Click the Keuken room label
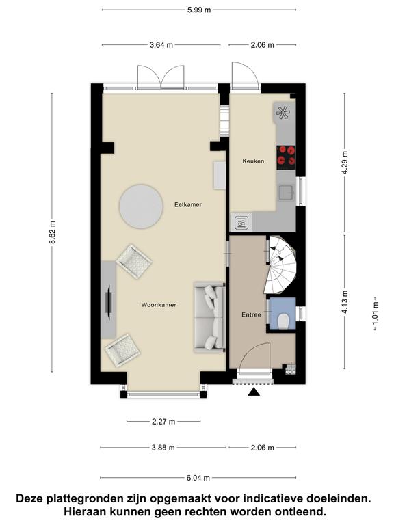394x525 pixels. click(253, 161)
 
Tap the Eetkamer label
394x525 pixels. click(188, 204)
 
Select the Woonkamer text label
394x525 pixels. click(159, 305)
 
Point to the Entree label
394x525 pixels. click(251, 314)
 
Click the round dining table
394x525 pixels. click(141, 206)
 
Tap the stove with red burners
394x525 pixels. click(286, 157)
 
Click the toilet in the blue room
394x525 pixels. click(284, 321)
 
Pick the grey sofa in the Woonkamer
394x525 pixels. click(209, 317)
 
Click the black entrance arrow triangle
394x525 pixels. click(254, 392)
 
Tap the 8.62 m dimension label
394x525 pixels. click(53, 232)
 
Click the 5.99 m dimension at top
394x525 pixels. click(199, 10)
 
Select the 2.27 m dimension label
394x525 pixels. click(163, 422)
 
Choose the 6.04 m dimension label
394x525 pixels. click(198, 478)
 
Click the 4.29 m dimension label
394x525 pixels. click(345, 163)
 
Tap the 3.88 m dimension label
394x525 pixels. click(163, 448)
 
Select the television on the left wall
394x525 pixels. click(109, 301)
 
